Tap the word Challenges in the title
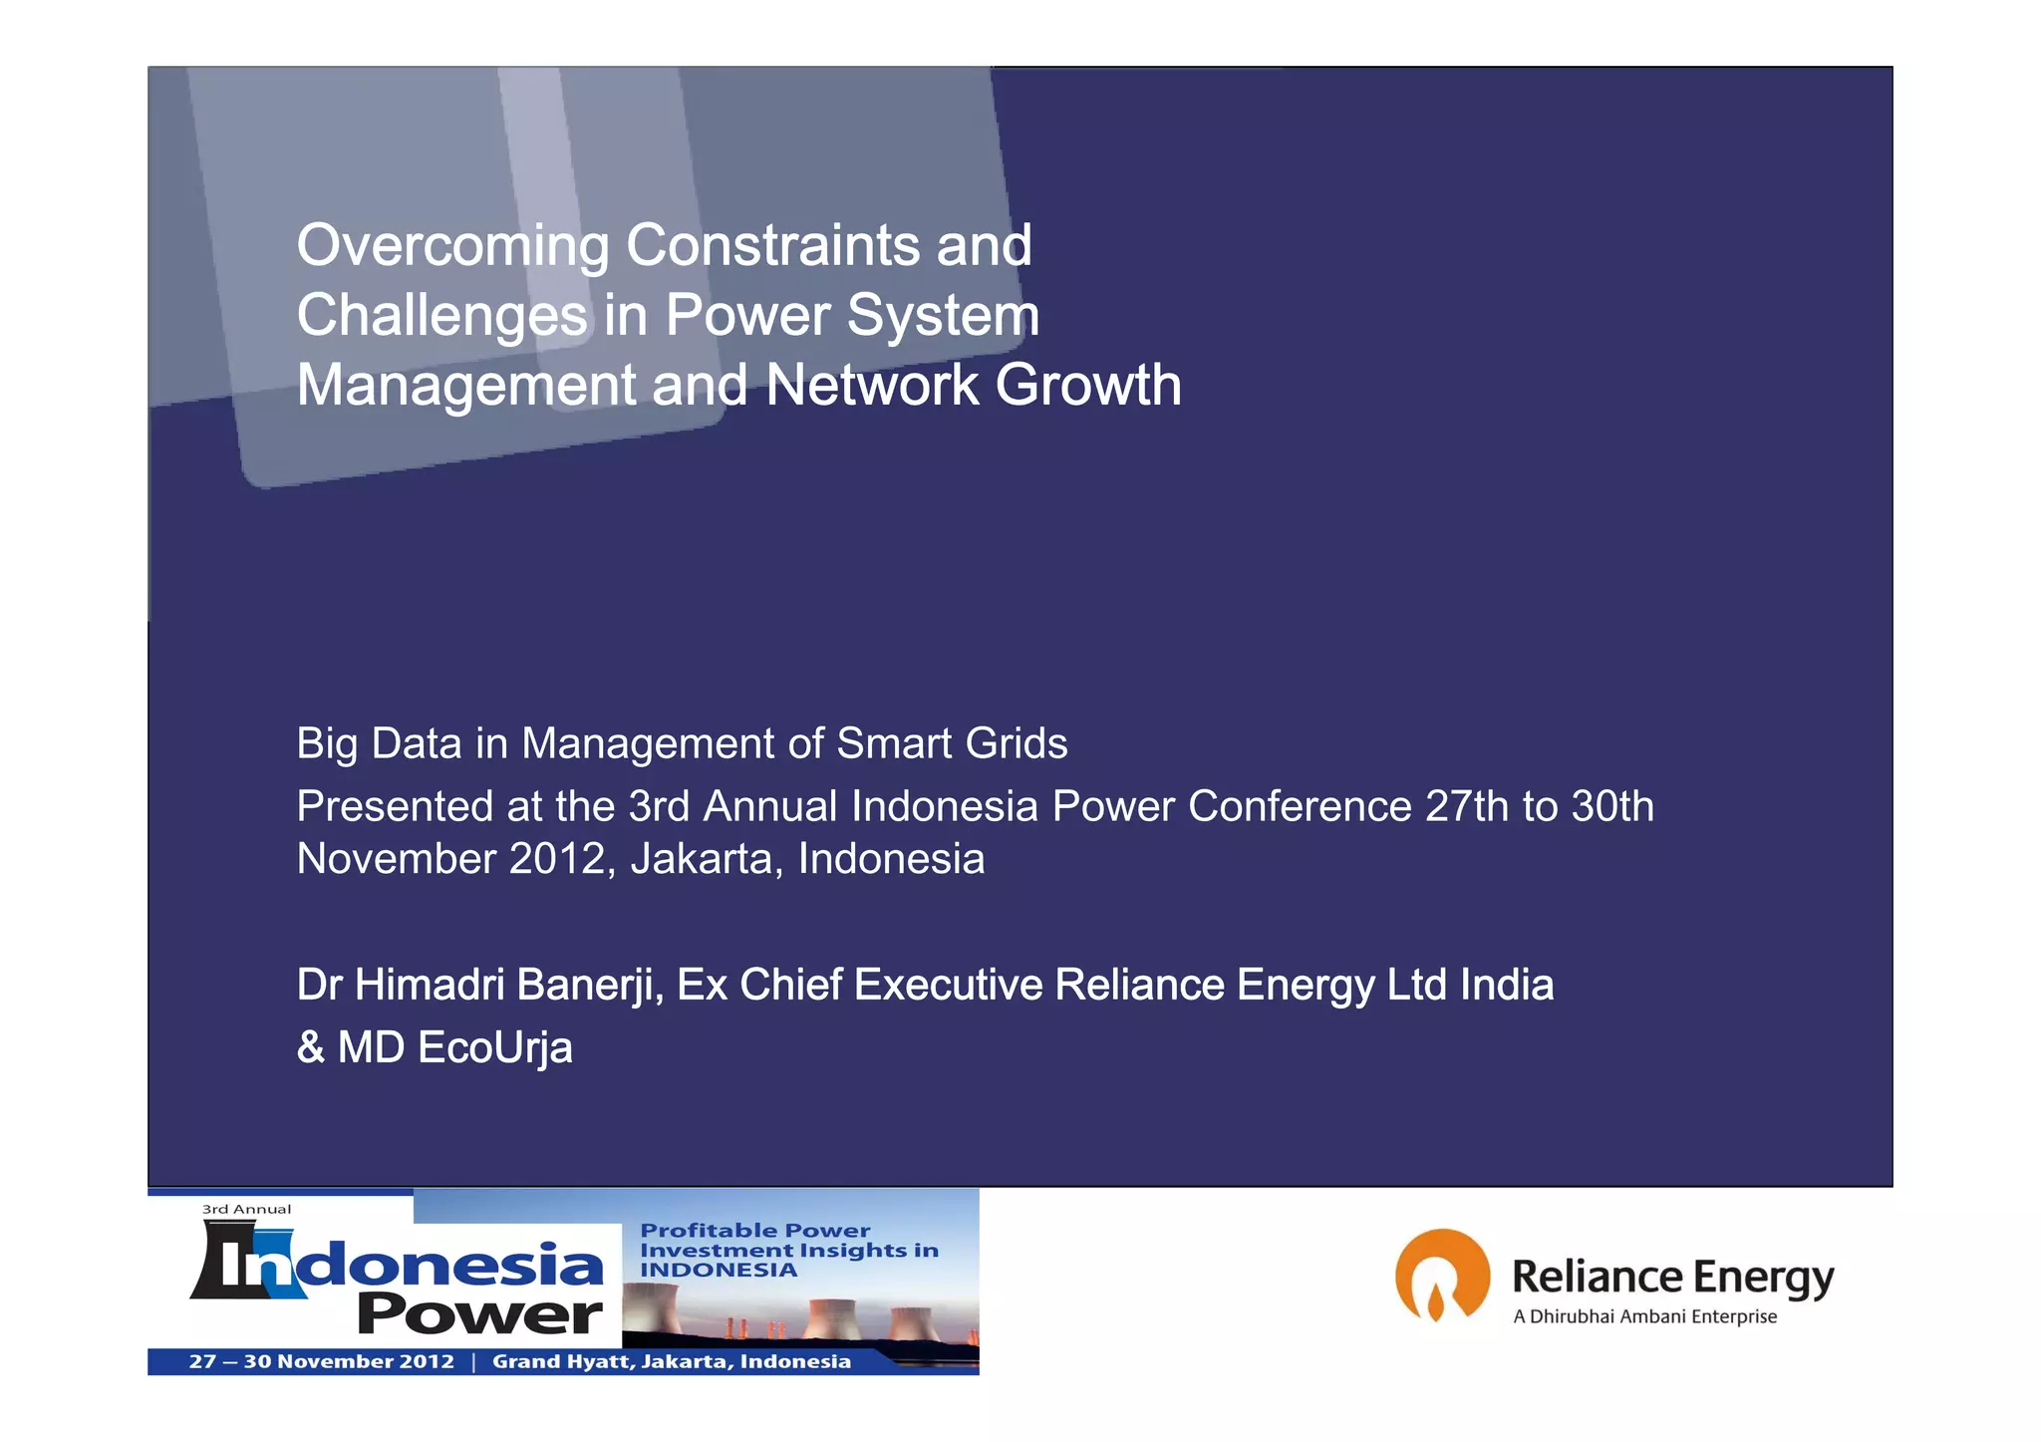[441, 316]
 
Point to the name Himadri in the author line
[430, 985]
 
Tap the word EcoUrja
[495, 1047]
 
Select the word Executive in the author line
[948, 985]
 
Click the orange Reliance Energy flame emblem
[1441, 1275]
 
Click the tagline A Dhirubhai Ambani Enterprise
[1644, 1316]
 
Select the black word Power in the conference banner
[479, 1313]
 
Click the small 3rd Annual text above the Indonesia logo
[246, 1209]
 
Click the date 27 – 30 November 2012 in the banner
[321, 1361]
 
